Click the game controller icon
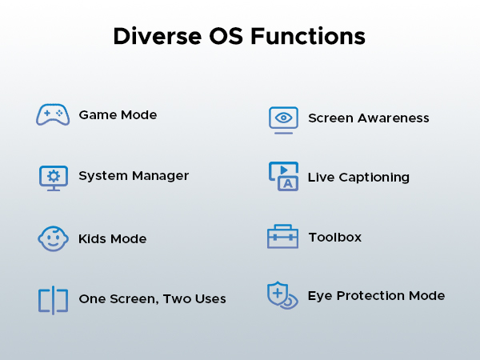53,114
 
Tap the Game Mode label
118,114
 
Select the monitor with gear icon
54,177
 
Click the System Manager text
134,176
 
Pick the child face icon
53,238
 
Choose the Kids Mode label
112,238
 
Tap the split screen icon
53,300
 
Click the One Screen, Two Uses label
152,299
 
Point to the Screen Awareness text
368,118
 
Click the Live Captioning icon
283,177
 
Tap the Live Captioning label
358,177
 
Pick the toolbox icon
282,237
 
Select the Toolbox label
334,237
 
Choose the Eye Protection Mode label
376,296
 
